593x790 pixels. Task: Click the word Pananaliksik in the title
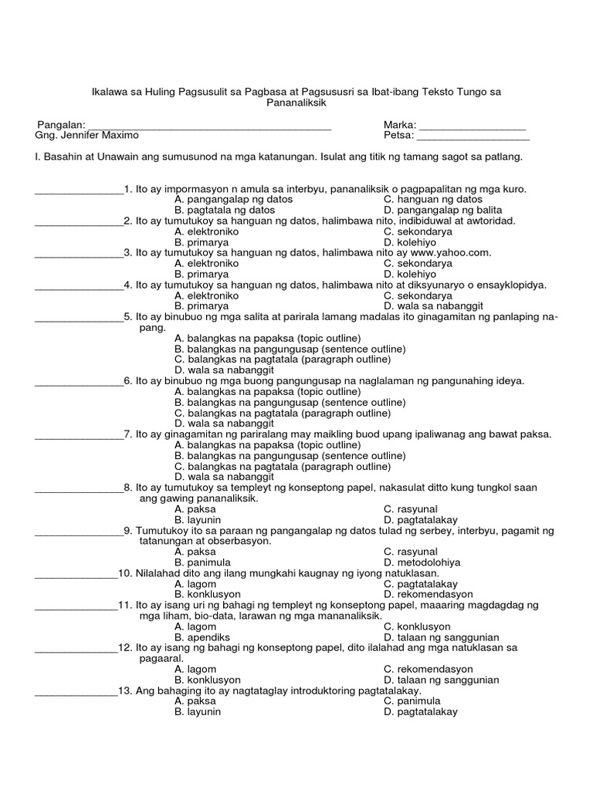296,102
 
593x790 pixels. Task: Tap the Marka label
399,125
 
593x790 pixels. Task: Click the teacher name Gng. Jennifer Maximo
87,136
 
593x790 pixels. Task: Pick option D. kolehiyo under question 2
407,242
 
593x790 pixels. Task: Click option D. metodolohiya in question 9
422,562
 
